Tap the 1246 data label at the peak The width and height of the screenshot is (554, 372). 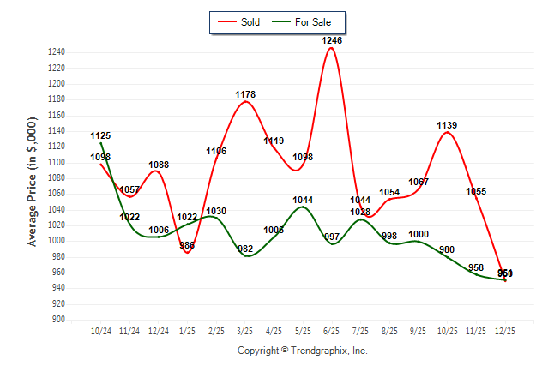pos(332,40)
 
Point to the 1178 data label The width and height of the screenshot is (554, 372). pos(245,94)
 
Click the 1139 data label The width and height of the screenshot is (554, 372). pos(447,125)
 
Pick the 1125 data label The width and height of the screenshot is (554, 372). pos(100,135)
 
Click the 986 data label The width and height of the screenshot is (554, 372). pos(187,246)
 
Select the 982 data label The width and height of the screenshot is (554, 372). pos(245,249)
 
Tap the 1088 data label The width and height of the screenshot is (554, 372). pos(159,165)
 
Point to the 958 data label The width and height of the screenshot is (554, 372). pos(476,268)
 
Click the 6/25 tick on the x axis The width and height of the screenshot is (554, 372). pos(332,330)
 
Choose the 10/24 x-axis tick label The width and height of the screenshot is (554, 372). pos(101,330)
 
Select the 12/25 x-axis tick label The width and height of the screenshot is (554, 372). pos(505,330)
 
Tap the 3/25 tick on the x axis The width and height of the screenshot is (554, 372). pos(245,330)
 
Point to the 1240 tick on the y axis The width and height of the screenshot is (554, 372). pos(57,52)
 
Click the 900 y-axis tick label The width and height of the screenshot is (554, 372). pos(59,320)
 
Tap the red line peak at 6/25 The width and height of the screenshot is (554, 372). pos(332,48)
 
